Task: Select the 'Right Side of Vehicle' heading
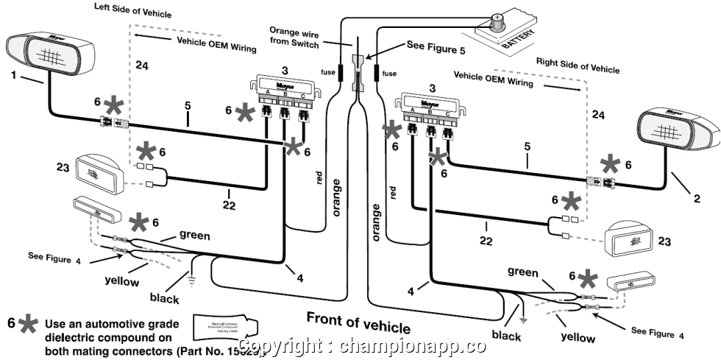(578, 63)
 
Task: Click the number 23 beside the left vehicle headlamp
(62, 147)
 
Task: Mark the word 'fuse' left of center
(327, 72)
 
